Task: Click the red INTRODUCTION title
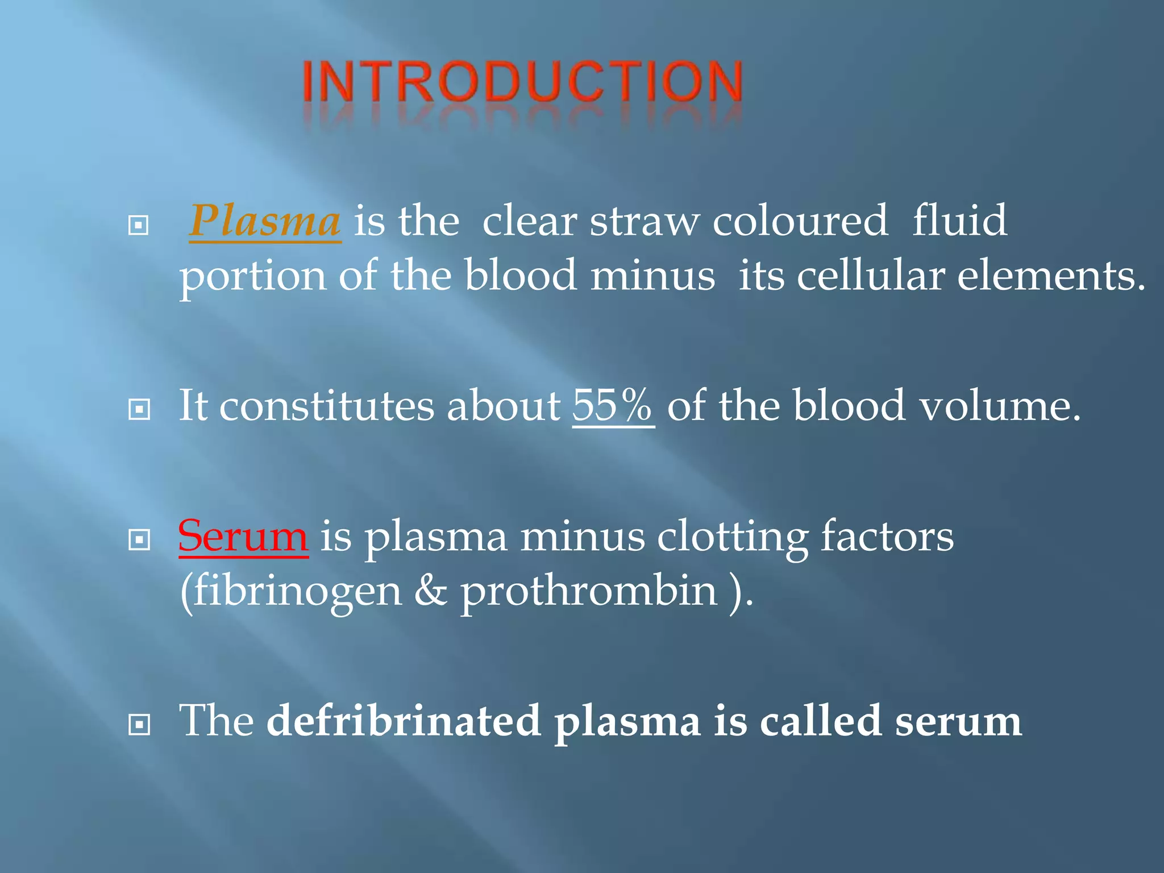tap(522, 82)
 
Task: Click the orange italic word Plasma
tap(265, 221)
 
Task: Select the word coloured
tap(800, 221)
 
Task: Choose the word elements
tap(1051, 276)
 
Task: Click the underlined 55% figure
tap(613, 406)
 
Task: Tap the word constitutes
tap(327, 406)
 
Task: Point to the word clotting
tap(732, 537)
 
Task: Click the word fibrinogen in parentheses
tap(291, 591)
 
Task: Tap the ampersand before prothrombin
tap(430, 591)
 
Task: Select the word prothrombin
tap(588, 592)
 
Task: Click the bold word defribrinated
tap(404, 721)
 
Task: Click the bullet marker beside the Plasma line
tap(139, 226)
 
